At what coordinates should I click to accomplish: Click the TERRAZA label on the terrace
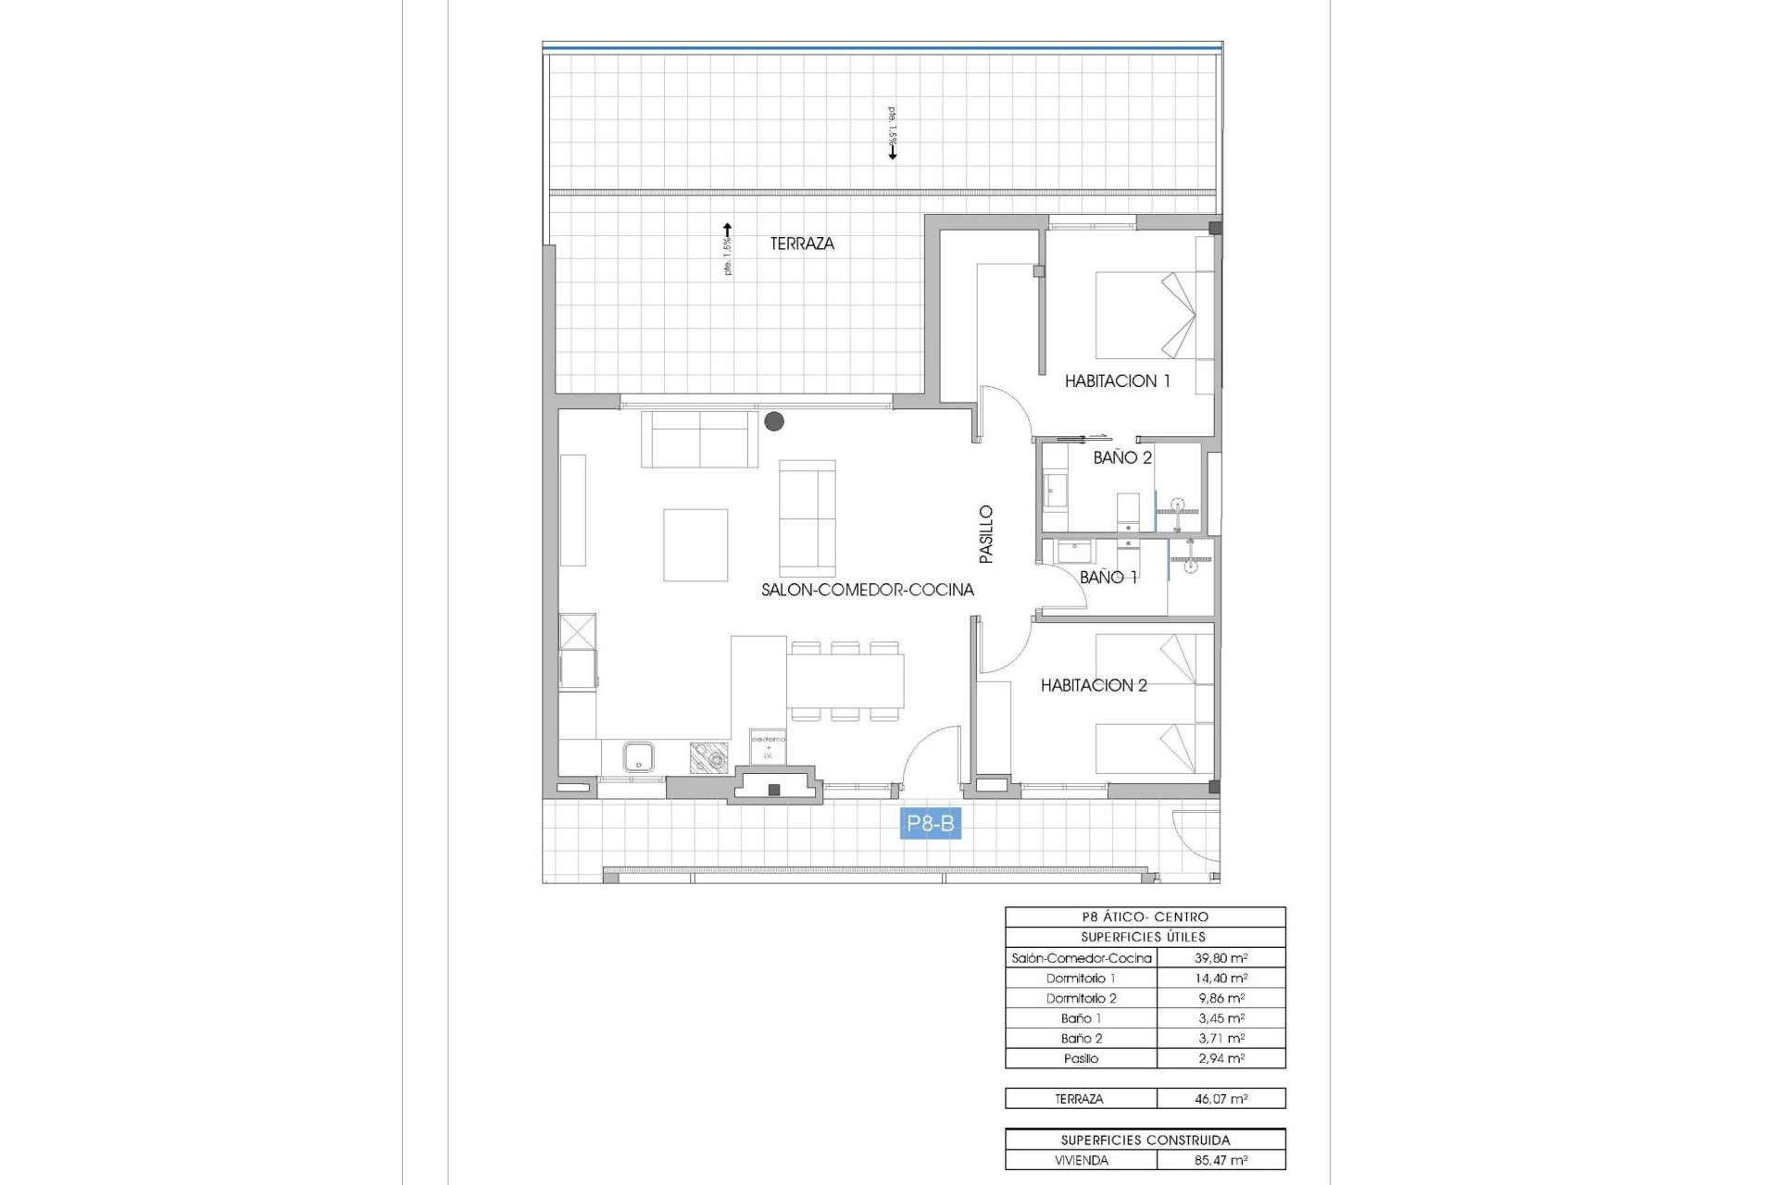(x=802, y=243)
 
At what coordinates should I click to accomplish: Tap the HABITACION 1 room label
(x=1117, y=380)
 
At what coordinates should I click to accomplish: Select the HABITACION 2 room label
(x=1094, y=685)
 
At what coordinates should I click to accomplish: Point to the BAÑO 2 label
(x=1122, y=457)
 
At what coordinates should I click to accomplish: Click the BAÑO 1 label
(x=1108, y=577)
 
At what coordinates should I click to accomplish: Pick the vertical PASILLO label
(x=986, y=534)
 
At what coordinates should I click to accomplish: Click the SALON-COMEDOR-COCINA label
(x=868, y=590)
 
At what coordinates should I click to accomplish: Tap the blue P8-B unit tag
(x=931, y=823)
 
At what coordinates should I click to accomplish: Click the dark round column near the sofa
(x=774, y=421)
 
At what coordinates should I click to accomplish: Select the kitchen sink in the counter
(x=638, y=756)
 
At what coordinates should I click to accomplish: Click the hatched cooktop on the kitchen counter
(x=709, y=758)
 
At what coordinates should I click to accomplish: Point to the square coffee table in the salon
(x=695, y=544)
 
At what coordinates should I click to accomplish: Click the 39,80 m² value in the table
(x=1221, y=958)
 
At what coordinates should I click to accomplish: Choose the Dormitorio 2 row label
(x=1081, y=998)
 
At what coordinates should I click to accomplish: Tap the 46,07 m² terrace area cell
(x=1221, y=1099)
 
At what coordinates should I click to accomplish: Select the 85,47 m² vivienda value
(x=1221, y=1160)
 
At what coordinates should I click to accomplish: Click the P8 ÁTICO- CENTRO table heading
(x=1145, y=917)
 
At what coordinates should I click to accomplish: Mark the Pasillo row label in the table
(x=1081, y=1058)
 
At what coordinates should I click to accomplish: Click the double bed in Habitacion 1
(x=1146, y=315)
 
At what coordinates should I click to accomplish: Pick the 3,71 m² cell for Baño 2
(x=1221, y=1039)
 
